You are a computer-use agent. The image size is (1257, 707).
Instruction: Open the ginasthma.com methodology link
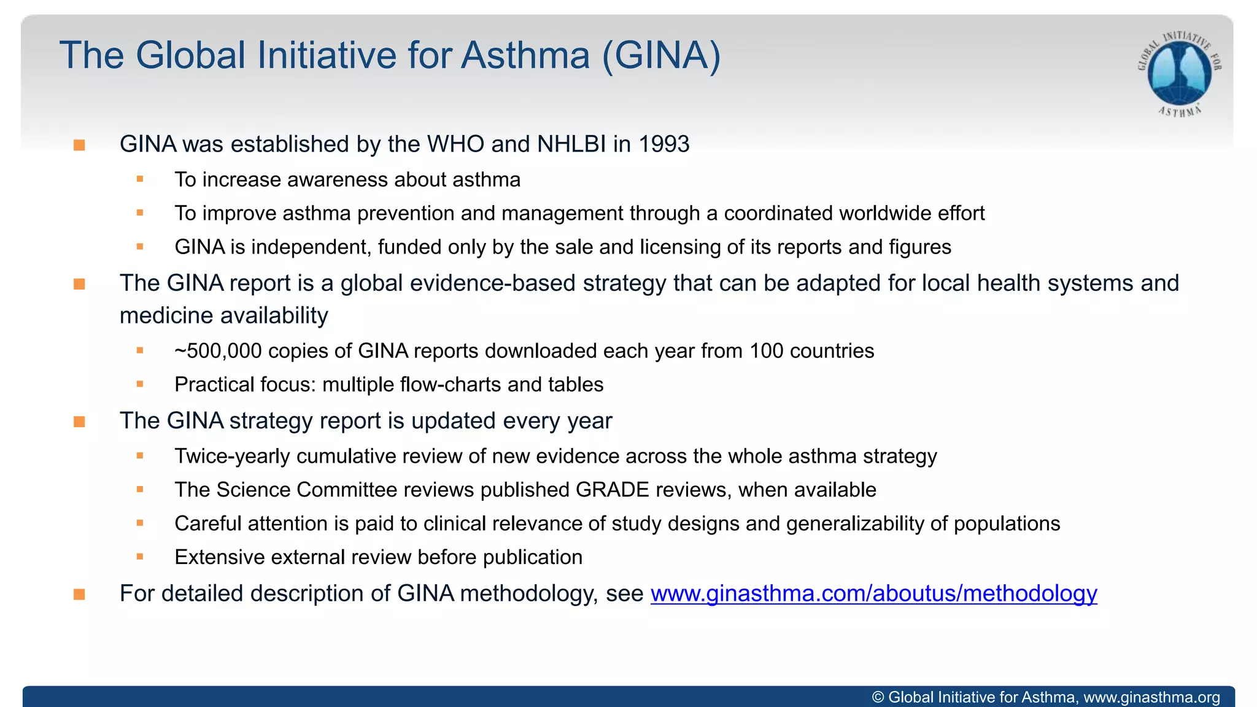click(873, 593)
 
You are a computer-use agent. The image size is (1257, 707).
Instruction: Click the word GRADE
click(612, 490)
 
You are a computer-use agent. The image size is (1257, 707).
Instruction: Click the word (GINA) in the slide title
click(661, 55)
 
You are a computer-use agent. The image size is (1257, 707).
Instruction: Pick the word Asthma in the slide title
click(525, 55)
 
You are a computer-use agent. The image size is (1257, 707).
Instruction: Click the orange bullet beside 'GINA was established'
click(79, 145)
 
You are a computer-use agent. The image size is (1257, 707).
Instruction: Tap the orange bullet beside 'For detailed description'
click(79, 595)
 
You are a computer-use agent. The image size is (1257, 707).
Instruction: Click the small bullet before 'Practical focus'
click(140, 384)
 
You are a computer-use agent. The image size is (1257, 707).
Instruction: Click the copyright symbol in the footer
click(878, 697)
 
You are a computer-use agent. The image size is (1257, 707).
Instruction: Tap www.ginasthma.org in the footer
click(1151, 697)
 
